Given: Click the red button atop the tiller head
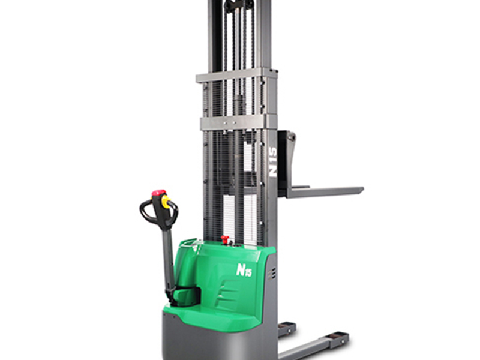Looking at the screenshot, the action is click(159, 193).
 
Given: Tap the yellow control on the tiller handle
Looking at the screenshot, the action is click(166, 202).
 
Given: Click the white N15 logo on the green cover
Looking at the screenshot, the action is click(244, 270).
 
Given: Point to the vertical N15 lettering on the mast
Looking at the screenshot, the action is click(272, 162).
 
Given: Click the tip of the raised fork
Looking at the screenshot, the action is click(362, 190).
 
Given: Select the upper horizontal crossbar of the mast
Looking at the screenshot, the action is click(236, 76).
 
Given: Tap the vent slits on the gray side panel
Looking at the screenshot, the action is click(271, 274).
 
